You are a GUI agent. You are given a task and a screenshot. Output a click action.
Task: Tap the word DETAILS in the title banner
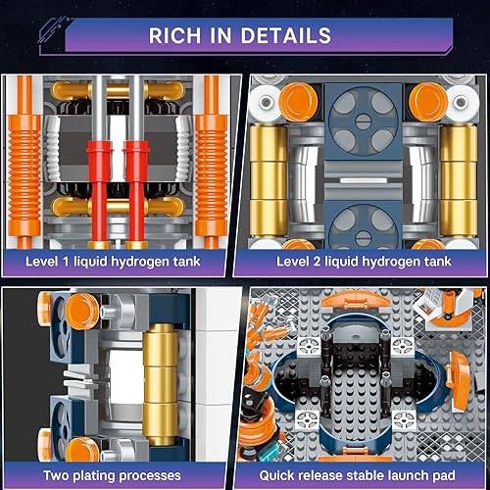285,36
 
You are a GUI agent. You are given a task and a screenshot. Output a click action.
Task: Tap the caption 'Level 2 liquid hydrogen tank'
368,260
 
